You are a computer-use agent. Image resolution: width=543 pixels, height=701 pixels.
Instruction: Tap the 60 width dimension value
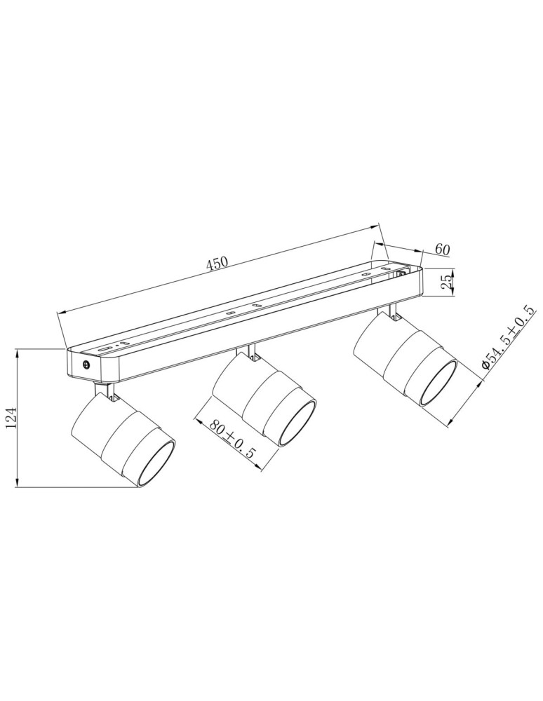[442, 249]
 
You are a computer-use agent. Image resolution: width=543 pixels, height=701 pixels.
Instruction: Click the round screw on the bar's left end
[86, 365]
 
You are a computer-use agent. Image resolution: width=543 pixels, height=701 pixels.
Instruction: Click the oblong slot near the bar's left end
[105, 347]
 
